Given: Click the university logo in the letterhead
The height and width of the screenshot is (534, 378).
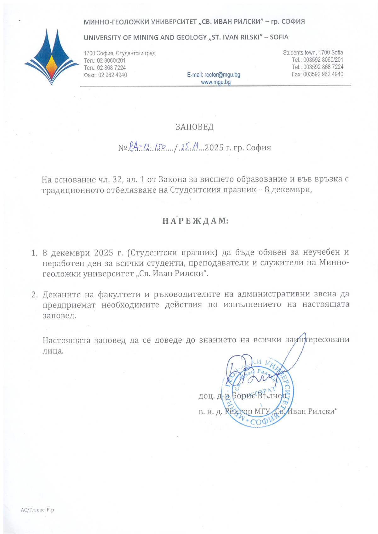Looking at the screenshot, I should (51, 57).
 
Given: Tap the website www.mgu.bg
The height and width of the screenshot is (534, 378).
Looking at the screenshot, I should (216, 82).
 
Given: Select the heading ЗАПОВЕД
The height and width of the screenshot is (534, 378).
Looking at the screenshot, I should (194, 127).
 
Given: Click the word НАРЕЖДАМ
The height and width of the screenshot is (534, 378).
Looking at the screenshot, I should (195, 221).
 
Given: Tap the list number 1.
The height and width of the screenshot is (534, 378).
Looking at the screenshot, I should (34, 253).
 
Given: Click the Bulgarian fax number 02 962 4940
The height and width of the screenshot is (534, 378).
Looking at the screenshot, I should (112, 75).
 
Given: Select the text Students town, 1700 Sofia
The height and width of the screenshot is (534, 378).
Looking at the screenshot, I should (313, 53).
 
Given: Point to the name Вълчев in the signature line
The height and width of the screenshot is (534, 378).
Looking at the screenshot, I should (272, 396).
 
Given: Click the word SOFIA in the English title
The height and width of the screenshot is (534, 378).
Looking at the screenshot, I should (279, 37).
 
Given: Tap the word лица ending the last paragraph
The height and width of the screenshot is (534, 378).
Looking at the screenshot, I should (53, 351).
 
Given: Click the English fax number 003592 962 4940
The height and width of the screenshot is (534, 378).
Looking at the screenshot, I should (323, 74).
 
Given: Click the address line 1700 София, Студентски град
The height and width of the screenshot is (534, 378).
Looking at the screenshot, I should (119, 53).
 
